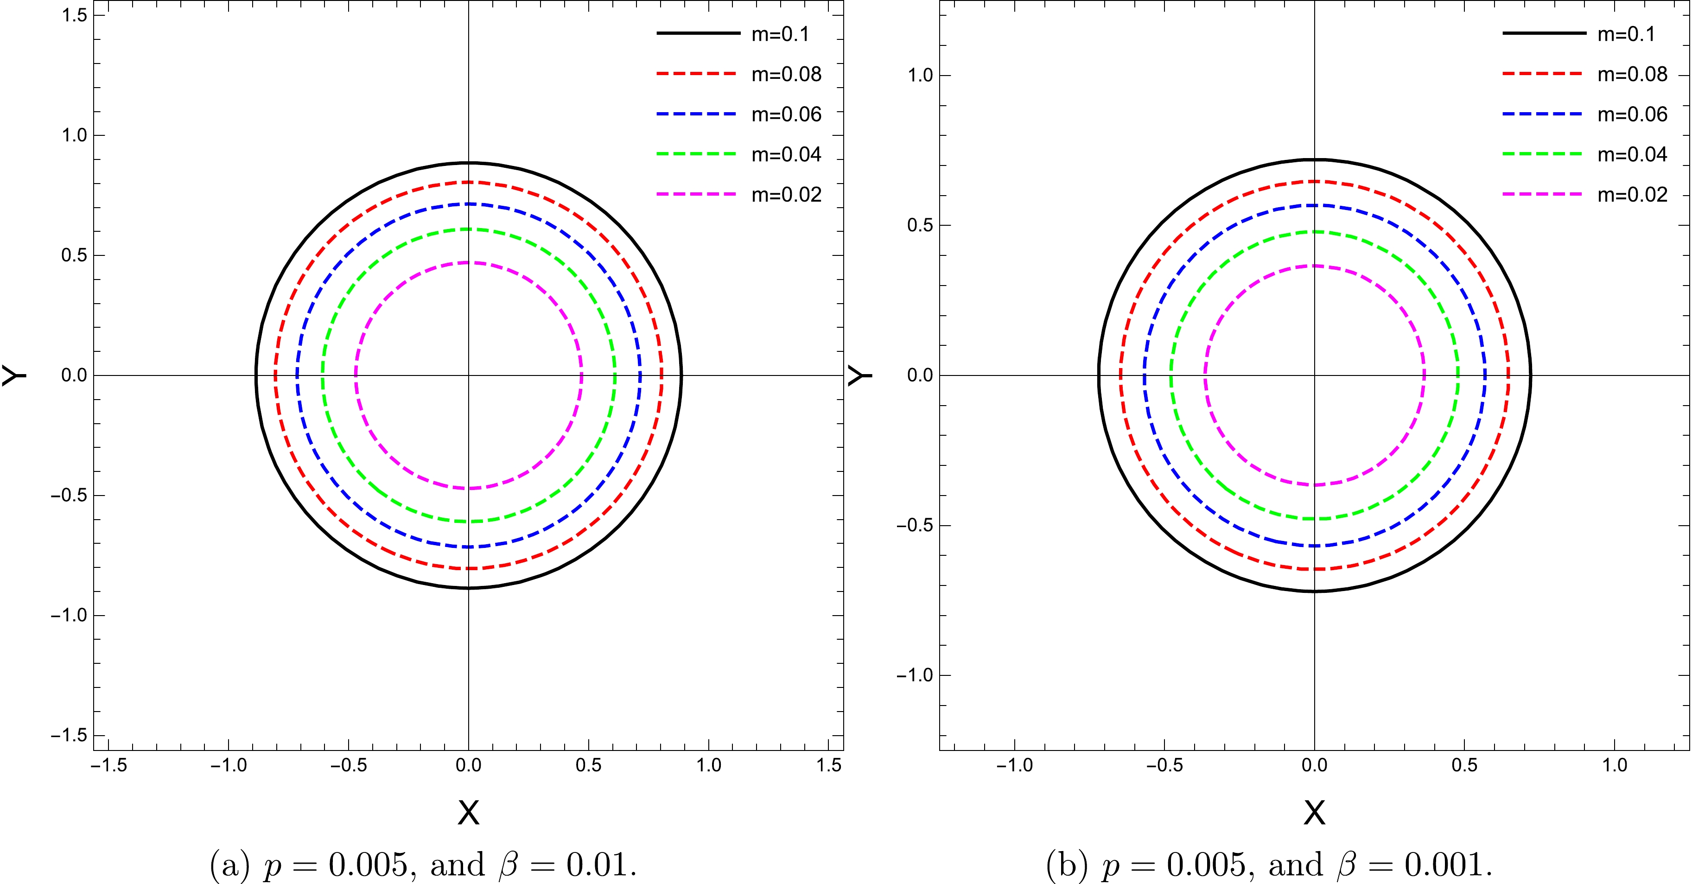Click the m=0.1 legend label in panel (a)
click(780, 34)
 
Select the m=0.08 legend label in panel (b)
click(1632, 74)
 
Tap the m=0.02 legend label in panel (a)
click(786, 194)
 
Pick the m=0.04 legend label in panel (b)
click(1632, 154)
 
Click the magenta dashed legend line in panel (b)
click(1542, 194)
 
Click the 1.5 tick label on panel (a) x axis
click(829, 765)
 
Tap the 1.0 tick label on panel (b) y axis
click(920, 75)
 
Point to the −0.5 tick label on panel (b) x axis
click(1164, 765)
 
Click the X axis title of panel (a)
click(468, 813)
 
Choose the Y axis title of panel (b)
click(860, 375)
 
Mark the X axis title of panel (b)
click(1314, 813)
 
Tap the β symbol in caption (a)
click(509, 865)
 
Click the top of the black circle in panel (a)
click(468, 162)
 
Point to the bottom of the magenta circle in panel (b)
click(1314, 485)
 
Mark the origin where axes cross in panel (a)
click(468, 375)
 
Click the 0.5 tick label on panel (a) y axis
click(74, 255)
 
